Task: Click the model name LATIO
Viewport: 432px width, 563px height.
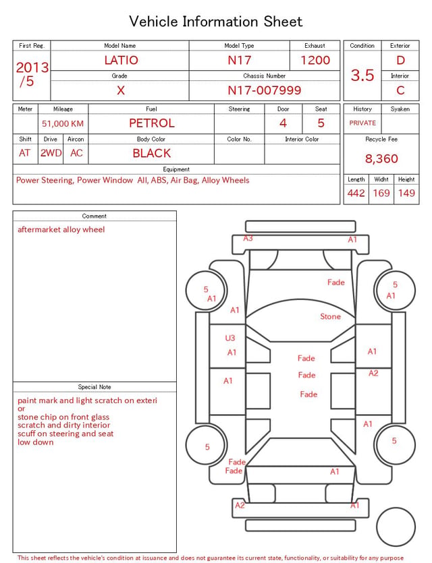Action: pos(121,60)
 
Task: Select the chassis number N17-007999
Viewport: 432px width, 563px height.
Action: pos(264,90)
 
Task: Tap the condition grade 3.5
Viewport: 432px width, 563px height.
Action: pos(362,75)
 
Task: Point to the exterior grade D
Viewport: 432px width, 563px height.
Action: pos(400,60)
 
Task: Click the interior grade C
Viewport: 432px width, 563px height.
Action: pos(400,90)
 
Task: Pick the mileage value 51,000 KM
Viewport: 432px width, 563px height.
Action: pos(63,124)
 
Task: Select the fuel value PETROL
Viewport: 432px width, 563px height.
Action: pos(152,123)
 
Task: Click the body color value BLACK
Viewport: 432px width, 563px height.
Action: pos(152,153)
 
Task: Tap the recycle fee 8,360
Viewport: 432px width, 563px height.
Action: pos(381,158)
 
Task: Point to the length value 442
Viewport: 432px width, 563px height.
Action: pos(356,193)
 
